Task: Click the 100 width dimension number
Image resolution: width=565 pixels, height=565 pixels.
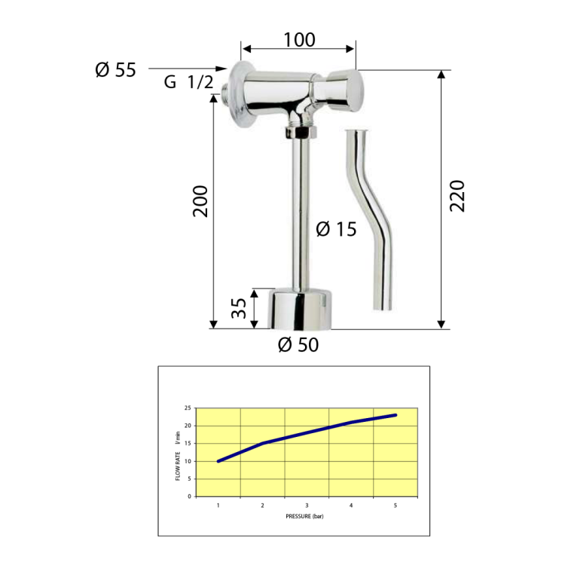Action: (x=299, y=40)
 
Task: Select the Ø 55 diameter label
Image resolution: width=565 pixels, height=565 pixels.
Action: (x=116, y=69)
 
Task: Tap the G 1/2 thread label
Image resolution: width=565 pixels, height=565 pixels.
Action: (x=188, y=82)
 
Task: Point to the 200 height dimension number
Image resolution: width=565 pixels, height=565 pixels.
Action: (x=200, y=201)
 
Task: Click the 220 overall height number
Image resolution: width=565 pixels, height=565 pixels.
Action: (x=457, y=196)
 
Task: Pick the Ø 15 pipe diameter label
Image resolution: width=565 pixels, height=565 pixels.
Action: (x=336, y=229)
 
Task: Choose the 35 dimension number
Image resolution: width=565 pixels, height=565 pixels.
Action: (x=239, y=308)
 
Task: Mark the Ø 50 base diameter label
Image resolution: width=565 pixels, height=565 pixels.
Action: (x=298, y=345)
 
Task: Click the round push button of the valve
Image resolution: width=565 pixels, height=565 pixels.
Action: (x=345, y=90)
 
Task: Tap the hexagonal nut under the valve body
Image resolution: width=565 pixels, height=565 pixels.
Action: (x=301, y=133)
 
